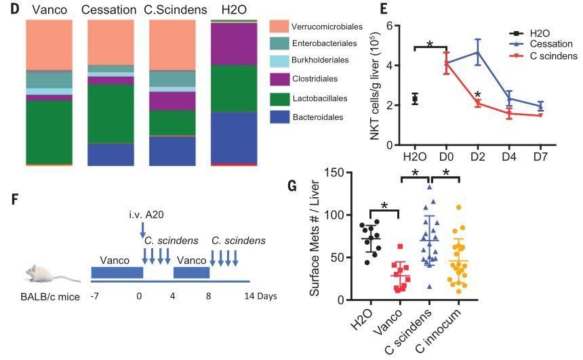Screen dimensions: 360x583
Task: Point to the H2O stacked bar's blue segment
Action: tap(234, 137)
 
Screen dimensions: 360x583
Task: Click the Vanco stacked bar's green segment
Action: tap(49, 132)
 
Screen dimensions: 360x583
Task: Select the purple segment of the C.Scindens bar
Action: tap(172, 100)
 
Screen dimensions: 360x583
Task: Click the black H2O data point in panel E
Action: tap(415, 100)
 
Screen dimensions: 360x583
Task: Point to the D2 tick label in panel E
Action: tap(477, 157)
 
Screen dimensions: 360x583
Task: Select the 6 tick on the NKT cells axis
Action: tap(389, 26)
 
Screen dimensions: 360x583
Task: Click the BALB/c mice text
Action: tap(43, 296)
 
